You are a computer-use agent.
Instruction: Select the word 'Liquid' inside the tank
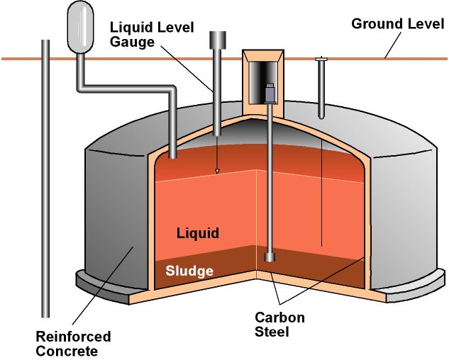coord(199,233)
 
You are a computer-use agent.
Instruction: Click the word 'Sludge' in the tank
coord(189,271)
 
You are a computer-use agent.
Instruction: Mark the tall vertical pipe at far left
coord(46,177)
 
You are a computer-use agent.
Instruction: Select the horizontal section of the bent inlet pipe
coord(128,89)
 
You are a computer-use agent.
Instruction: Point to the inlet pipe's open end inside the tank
coord(173,152)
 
